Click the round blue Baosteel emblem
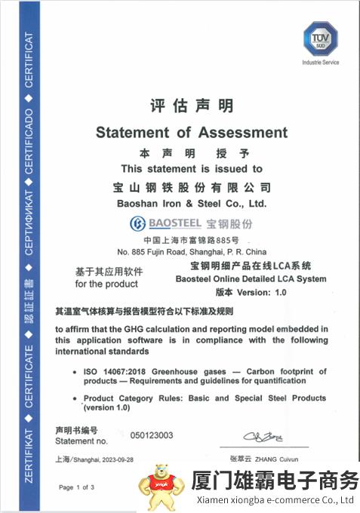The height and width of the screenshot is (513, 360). coord(137,223)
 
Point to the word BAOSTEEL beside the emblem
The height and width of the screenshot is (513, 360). coord(170,224)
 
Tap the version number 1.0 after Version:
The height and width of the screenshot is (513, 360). coord(281,292)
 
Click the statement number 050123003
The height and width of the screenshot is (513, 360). coord(152,435)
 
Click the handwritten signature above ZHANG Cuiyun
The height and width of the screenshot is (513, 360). coord(262,437)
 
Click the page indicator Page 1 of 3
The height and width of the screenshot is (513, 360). coord(76,487)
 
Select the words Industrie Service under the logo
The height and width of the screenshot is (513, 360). coord(319,62)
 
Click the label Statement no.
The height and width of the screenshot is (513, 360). coord(81,440)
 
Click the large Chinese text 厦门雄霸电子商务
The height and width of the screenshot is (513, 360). coord(275,481)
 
